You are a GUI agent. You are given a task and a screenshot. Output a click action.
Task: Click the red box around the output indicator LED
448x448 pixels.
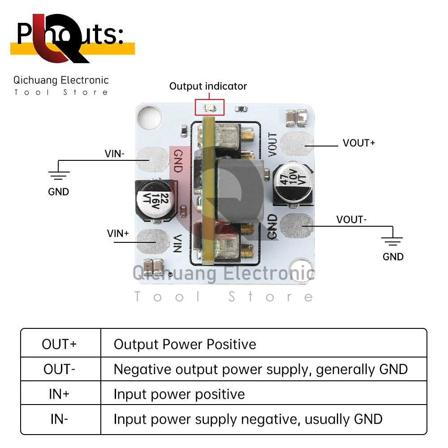(209, 108)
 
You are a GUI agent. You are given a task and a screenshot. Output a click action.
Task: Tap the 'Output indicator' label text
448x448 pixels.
(208, 86)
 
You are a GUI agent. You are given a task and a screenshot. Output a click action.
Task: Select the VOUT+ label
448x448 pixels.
(359, 143)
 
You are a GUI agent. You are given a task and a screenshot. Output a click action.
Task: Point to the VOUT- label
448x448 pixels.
(352, 220)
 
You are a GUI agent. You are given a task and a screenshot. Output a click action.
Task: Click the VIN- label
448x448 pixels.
(115, 154)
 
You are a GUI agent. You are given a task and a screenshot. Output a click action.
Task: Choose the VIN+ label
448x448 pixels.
(118, 233)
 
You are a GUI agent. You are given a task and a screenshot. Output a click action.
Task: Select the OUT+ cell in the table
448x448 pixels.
(60, 344)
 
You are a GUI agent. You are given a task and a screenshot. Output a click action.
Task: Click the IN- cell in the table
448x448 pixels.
(60, 419)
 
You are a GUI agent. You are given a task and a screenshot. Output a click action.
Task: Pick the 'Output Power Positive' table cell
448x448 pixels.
(185, 344)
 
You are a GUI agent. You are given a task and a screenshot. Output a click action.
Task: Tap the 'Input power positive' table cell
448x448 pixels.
(179, 394)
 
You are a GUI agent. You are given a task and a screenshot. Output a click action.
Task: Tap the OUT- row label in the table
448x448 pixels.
(60, 369)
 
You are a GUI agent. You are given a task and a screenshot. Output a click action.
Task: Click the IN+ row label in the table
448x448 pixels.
(60, 394)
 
